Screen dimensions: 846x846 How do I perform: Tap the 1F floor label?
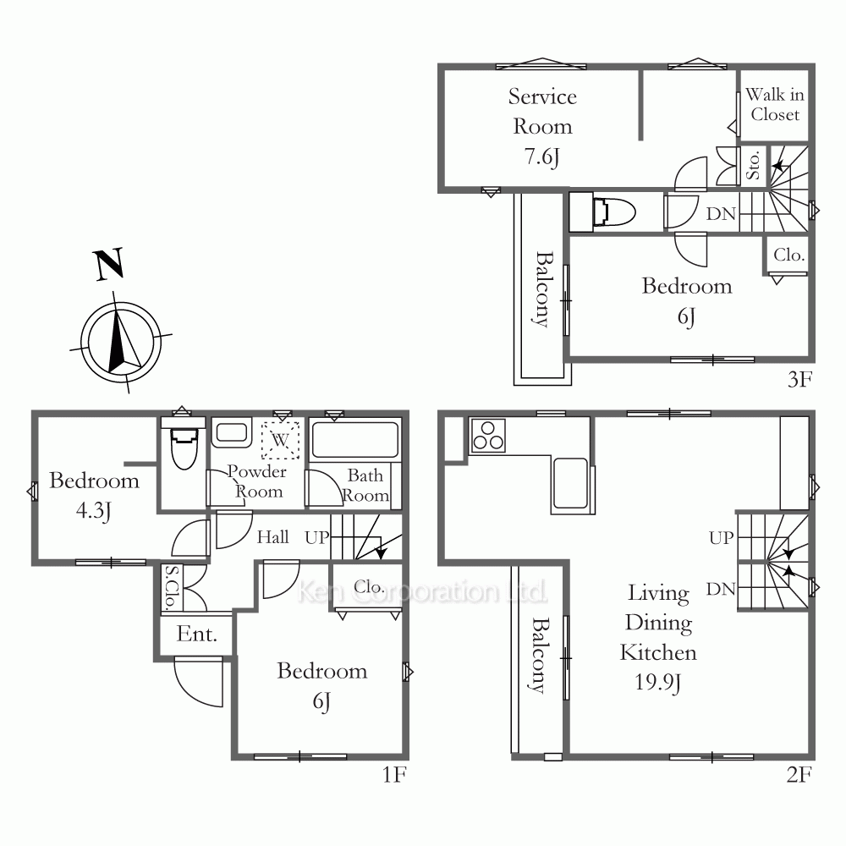pyautogui.click(x=394, y=774)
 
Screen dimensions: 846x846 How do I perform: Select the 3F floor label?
pyautogui.click(x=799, y=379)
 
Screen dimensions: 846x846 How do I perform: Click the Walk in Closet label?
pyautogui.click(x=775, y=104)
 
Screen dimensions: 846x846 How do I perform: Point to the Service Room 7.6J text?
pyautogui.click(x=542, y=127)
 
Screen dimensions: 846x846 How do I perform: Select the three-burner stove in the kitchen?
pyautogui.click(x=488, y=436)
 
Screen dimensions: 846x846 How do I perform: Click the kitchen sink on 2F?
pyautogui.click(x=570, y=483)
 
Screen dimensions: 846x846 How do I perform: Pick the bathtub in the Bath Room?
pyautogui.click(x=355, y=441)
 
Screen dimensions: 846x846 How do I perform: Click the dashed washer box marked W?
pyautogui.click(x=280, y=440)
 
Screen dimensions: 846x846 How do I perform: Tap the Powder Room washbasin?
pyautogui.click(x=232, y=432)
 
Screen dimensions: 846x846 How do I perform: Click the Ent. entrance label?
pyautogui.click(x=197, y=634)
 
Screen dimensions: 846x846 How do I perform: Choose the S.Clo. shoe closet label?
pyautogui.click(x=172, y=588)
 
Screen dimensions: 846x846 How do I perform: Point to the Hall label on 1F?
pyautogui.click(x=273, y=537)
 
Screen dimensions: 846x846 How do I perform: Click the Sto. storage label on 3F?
pyautogui.click(x=753, y=166)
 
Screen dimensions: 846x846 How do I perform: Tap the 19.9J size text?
pyautogui.click(x=657, y=683)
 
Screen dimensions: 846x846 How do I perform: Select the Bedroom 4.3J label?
pyautogui.click(x=94, y=495)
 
